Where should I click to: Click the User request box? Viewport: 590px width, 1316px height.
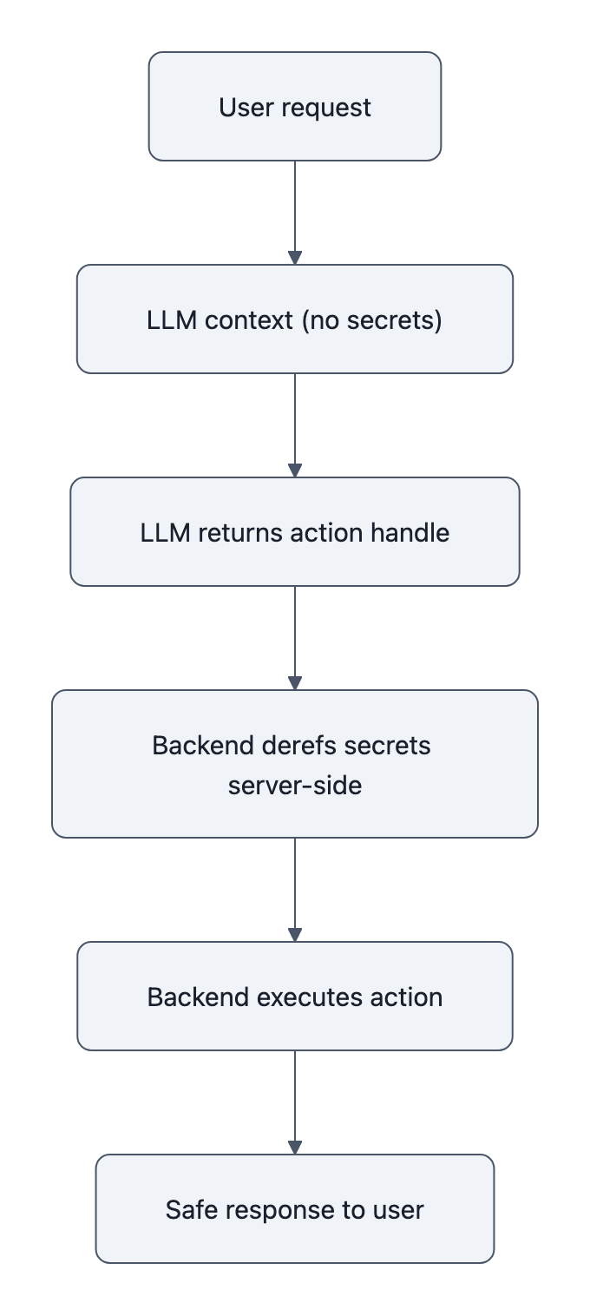point(295,107)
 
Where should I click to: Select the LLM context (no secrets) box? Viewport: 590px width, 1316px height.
point(295,319)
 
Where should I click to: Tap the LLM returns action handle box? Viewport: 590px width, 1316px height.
point(295,532)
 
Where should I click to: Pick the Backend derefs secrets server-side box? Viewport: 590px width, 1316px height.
point(295,764)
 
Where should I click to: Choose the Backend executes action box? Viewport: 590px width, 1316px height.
point(295,997)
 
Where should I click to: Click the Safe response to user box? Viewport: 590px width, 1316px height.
point(295,1209)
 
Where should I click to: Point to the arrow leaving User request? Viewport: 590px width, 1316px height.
point(295,213)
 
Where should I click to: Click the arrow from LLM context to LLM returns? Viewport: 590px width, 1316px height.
point(295,425)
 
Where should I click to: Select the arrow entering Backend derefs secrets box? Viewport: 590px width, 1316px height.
point(295,638)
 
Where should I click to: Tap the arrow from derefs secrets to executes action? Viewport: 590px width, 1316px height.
point(295,890)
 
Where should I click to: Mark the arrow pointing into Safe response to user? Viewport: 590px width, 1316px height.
point(295,1102)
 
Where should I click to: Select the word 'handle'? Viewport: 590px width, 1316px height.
point(410,532)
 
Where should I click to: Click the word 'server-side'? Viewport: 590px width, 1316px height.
point(295,786)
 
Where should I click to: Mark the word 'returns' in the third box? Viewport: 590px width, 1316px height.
point(238,532)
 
